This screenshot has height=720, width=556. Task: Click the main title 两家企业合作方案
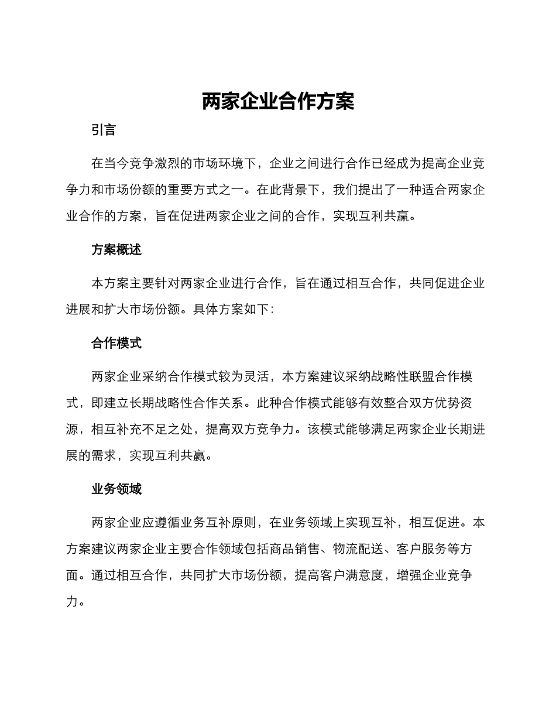point(278,102)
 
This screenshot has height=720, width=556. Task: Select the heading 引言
point(104,130)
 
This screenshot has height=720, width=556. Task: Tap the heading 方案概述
point(116,249)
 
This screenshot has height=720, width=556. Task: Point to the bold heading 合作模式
point(116,343)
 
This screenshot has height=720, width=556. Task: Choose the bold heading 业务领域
point(116,489)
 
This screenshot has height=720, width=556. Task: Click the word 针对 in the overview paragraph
point(167,283)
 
